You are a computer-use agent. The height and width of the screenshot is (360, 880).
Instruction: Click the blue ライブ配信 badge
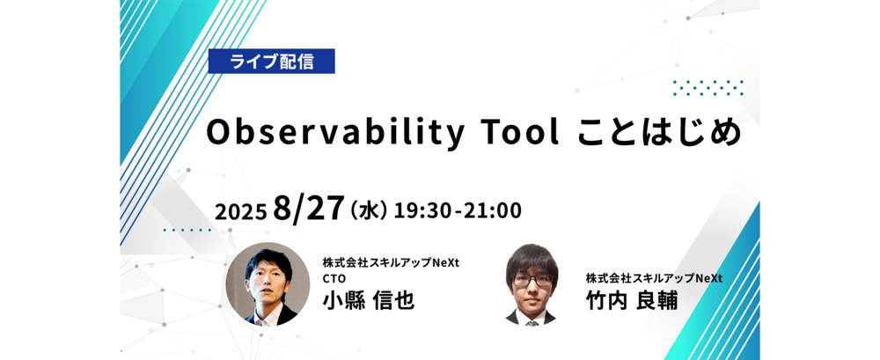[x=272, y=62]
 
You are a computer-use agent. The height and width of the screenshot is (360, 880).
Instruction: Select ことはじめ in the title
[x=658, y=134]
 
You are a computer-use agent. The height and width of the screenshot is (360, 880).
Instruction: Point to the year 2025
[x=240, y=212]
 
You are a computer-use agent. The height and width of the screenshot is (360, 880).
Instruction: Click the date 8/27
[x=308, y=209]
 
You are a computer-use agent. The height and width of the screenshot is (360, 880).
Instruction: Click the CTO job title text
[x=334, y=279]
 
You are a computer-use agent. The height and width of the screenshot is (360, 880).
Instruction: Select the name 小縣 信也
[x=368, y=301]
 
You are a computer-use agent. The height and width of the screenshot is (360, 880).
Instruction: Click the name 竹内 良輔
[x=631, y=301]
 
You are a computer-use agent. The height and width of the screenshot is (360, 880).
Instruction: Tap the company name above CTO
[x=391, y=263]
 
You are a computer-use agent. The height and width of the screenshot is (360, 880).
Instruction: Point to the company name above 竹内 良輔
[x=654, y=278]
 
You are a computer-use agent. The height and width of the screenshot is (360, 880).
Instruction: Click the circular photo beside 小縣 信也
[x=268, y=284]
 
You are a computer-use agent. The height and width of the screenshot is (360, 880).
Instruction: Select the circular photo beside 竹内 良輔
[x=531, y=284]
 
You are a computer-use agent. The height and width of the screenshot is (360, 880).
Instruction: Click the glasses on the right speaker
[x=531, y=281]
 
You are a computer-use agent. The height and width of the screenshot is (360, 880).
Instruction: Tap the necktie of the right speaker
[x=531, y=322]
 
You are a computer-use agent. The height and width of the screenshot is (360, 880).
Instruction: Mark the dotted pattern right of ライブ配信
[x=708, y=88]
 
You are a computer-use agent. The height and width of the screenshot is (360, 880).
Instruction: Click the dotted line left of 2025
[x=187, y=230]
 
